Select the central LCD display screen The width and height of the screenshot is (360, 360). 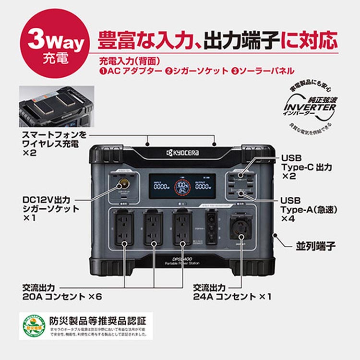(x=181, y=187)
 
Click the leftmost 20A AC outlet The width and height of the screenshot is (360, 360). (x=123, y=228)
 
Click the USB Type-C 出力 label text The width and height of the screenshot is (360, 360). (x=306, y=167)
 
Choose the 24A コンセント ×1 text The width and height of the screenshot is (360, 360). (x=232, y=297)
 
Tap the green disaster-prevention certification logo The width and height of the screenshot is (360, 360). (x=33, y=326)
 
